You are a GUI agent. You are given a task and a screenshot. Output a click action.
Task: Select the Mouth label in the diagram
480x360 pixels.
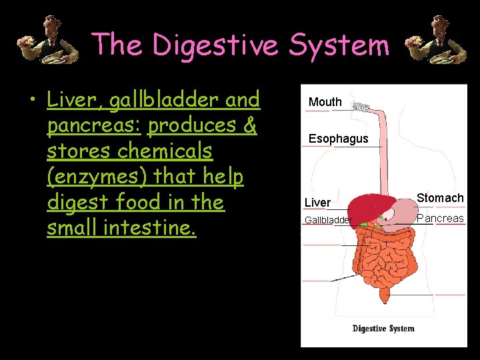[x=325, y=102]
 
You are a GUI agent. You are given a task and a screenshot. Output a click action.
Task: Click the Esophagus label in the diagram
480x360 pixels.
[x=338, y=139]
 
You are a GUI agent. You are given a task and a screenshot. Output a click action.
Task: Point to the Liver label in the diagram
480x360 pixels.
[x=317, y=202]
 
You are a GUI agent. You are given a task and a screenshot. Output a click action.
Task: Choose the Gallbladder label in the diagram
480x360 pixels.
[x=327, y=220]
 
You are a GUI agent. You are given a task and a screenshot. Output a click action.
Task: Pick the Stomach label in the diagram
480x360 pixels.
[x=440, y=198]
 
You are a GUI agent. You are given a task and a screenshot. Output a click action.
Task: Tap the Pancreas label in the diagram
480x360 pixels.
[x=440, y=218]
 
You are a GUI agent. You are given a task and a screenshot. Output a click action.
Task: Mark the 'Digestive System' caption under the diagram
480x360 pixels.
[x=383, y=328]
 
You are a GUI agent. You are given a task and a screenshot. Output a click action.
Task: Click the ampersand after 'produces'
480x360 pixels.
[x=249, y=126]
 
